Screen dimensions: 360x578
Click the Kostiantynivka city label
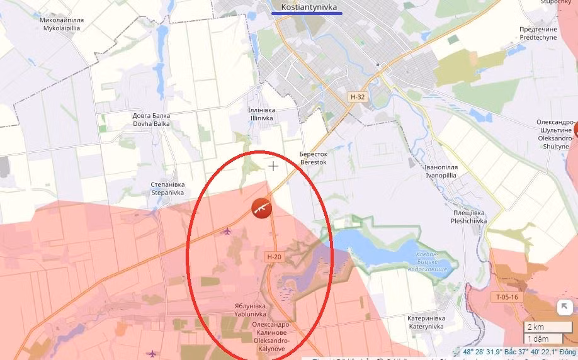pos(307,6)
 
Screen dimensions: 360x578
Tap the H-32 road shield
pos(358,97)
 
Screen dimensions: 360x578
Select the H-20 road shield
pos(274,256)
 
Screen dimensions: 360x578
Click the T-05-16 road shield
pos(506,297)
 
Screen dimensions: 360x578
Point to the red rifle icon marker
pos(261,208)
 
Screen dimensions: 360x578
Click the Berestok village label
pos(314,158)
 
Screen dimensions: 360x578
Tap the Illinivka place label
pos(262,113)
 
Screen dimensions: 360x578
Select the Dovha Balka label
pos(151,120)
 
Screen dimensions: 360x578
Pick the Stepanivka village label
pos(167,189)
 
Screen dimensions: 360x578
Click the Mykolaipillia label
pos(62,24)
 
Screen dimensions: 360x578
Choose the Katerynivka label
pos(426,322)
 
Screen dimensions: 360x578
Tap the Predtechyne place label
pos(538,33)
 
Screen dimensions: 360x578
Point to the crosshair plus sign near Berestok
pos(273,166)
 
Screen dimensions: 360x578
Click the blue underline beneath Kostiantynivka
pos(307,13)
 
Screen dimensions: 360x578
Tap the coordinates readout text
pos(519,352)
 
